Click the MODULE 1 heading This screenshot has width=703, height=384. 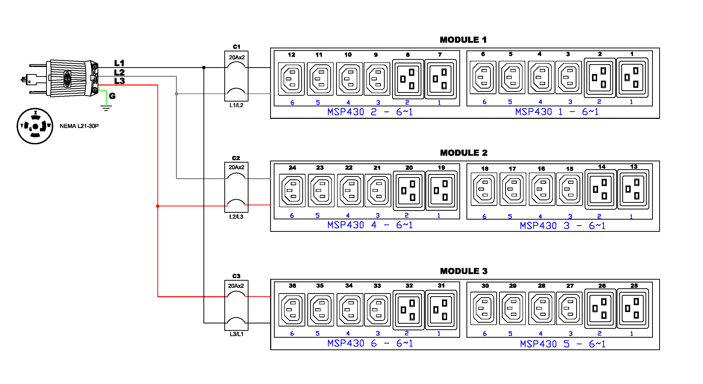point(463,40)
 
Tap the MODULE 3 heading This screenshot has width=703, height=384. point(463,271)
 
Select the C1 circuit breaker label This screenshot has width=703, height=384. point(236,47)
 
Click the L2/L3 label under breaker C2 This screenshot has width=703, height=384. point(236,217)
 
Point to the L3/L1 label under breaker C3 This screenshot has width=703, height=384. point(236,334)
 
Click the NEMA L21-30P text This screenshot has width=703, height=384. point(79,126)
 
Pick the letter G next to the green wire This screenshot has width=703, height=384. point(112,96)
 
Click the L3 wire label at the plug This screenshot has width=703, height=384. point(119,81)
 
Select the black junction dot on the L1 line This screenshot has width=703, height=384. point(204,67)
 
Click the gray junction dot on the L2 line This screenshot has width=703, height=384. point(176,94)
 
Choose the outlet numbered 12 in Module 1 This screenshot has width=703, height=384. point(291,79)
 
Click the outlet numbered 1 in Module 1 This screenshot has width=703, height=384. point(632,78)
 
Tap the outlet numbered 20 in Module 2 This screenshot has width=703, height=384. point(409,191)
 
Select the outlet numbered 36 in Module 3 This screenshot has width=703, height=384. point(292,310)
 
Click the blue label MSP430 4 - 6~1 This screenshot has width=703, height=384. point(370,225)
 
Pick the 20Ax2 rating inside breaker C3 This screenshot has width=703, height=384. point(236,286)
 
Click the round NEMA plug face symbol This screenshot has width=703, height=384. point(35,126)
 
